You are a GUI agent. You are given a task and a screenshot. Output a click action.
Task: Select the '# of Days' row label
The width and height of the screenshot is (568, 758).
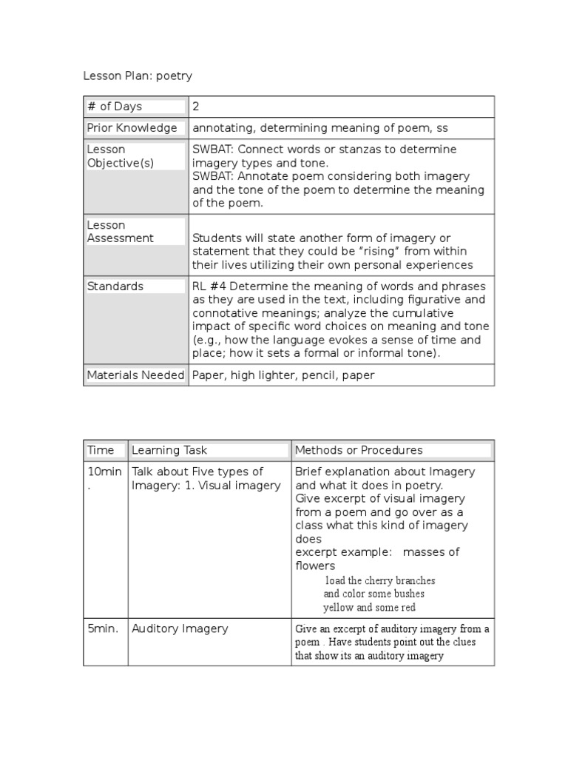pyautogui.click(x=115, y=107)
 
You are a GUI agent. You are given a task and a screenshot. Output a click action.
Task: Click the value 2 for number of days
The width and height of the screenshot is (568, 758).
pyautogui.click(x=196, y=107)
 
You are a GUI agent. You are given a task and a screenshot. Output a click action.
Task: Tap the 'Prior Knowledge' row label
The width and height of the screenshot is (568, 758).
pyautogui.click(x=132, y=128)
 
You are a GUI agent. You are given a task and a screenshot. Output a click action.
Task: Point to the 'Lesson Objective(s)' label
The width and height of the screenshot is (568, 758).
pyautogui.click(x=121, y=156)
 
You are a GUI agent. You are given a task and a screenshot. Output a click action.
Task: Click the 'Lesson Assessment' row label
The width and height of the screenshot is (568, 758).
pyautogui.click(x=121, y=232)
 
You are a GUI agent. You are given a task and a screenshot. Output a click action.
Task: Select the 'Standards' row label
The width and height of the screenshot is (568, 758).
pyautogui.click(x=115, y=286)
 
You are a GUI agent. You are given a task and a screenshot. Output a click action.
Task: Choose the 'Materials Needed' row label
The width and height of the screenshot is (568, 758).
pyautogui.click(x=135, y=375)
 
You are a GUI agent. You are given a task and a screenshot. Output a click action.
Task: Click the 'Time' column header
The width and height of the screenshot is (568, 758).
pyautogui.click(x=101, y=450)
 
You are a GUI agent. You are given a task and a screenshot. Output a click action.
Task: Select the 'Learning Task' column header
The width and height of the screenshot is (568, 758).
pyautogui.click(x=169, y=450)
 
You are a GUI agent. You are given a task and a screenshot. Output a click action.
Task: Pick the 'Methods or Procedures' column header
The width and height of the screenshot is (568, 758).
pyautogui.click(x=359, y=450)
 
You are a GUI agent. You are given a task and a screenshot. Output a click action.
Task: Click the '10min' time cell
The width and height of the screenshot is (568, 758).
pyautogui.click(x=104, y=472)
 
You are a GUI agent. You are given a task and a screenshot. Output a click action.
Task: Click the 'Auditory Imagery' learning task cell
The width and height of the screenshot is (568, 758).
pyautogui.click(x=180, y=628)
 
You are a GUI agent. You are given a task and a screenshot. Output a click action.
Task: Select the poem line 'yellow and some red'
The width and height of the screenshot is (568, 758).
pyautogui.click(x=370, y=607)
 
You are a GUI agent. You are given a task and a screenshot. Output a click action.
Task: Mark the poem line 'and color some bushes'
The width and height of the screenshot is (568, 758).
pyautogui.click(x=374, y=594)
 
